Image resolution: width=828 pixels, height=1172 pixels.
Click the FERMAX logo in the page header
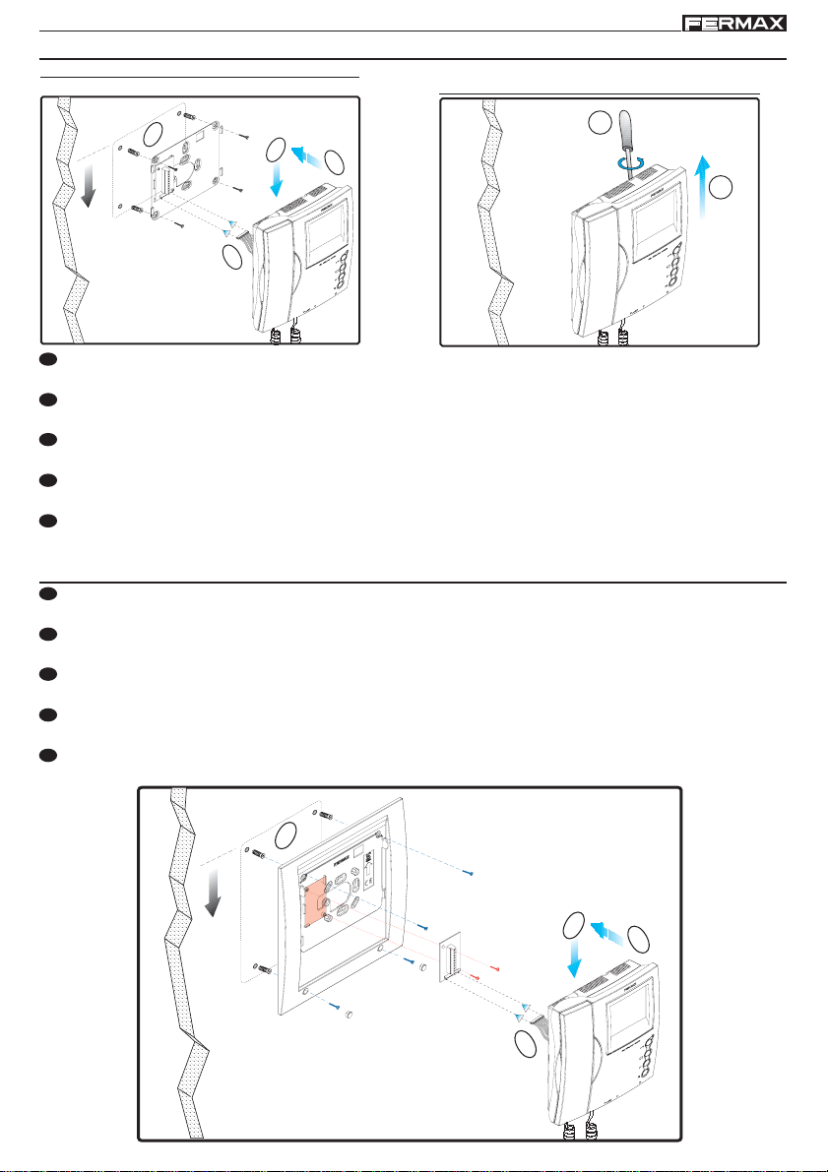(x=734, y=24)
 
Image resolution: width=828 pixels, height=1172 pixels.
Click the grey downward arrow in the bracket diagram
(x=89, y=184)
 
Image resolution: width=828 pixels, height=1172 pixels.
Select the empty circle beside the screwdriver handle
(x=600, y=122)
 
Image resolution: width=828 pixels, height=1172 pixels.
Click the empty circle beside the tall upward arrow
(x=721, y=188)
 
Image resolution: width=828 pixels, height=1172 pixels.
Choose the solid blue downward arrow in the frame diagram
(x=575, y=959)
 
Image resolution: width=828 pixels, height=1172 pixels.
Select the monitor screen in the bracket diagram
(x=325, y=234)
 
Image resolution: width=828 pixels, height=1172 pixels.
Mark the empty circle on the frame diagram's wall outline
(x=287, y=834)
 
